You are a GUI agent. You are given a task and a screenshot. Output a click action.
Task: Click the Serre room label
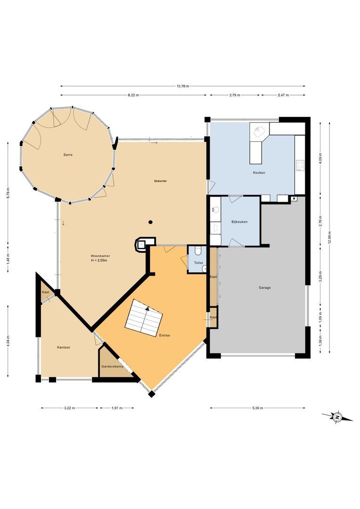68,155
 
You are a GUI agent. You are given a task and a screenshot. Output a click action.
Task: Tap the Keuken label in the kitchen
259,172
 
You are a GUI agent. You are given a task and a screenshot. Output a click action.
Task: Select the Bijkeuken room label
239,222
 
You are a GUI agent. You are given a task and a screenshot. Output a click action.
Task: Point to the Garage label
264,287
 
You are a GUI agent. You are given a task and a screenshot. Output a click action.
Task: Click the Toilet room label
198,263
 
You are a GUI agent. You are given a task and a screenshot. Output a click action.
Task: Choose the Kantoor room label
64,347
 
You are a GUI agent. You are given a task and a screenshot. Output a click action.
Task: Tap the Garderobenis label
112,366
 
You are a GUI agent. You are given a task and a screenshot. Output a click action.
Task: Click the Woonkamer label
100,256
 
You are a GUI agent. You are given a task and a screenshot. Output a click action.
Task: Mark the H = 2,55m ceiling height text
100,261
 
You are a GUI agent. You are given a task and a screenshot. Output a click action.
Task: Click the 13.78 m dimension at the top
183,86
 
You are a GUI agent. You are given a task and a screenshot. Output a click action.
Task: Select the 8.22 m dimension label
133,95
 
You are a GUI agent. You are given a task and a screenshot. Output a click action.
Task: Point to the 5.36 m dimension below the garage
257,408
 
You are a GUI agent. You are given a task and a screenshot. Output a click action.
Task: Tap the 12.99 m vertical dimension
329,236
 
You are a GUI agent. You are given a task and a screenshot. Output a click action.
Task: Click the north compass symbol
337,417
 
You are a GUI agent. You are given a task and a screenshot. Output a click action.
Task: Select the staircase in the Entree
144,318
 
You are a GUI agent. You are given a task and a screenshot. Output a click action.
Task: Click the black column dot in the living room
150,222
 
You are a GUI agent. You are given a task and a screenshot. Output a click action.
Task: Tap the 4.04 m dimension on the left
8,340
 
